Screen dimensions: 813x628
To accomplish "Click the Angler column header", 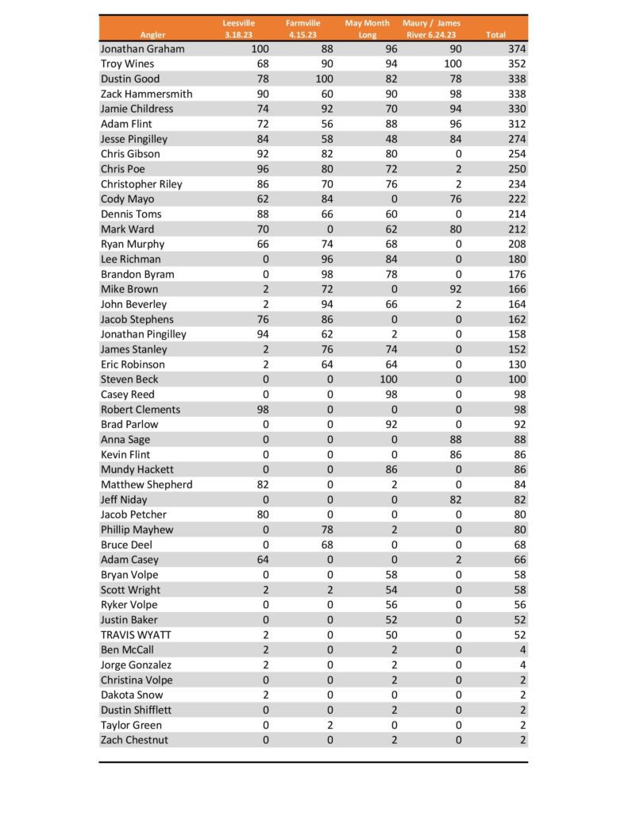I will click(x=152, y=35).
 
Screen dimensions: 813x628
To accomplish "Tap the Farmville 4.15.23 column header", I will click(x=302, y=29).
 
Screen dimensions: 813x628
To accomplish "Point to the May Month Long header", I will click(x=367, y=29).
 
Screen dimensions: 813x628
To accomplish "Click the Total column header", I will click(x=495, y=35).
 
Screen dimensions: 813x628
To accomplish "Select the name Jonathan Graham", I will click(x=142, y=49).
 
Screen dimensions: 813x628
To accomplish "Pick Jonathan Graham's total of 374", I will click(x=516, y=49).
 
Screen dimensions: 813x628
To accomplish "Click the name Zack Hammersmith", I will click(x=146, y=94).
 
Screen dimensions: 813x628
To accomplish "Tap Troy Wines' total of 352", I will click(x=516, y=64).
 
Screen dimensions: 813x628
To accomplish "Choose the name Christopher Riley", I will click(x=141, y=184).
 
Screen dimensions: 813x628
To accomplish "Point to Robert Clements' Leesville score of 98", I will click(x=262, y=410).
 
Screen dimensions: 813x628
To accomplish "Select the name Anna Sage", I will click(x=125, y=440).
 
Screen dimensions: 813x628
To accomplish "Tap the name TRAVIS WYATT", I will click(x=136, y=635).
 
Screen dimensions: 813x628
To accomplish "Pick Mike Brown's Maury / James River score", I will click(x=453, y=290).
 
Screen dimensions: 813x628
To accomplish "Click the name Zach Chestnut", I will click(x=134, y=740).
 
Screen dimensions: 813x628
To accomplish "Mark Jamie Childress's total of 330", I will click(x=516, y=109).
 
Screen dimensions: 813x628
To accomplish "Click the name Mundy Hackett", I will click(x=137, y=470).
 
